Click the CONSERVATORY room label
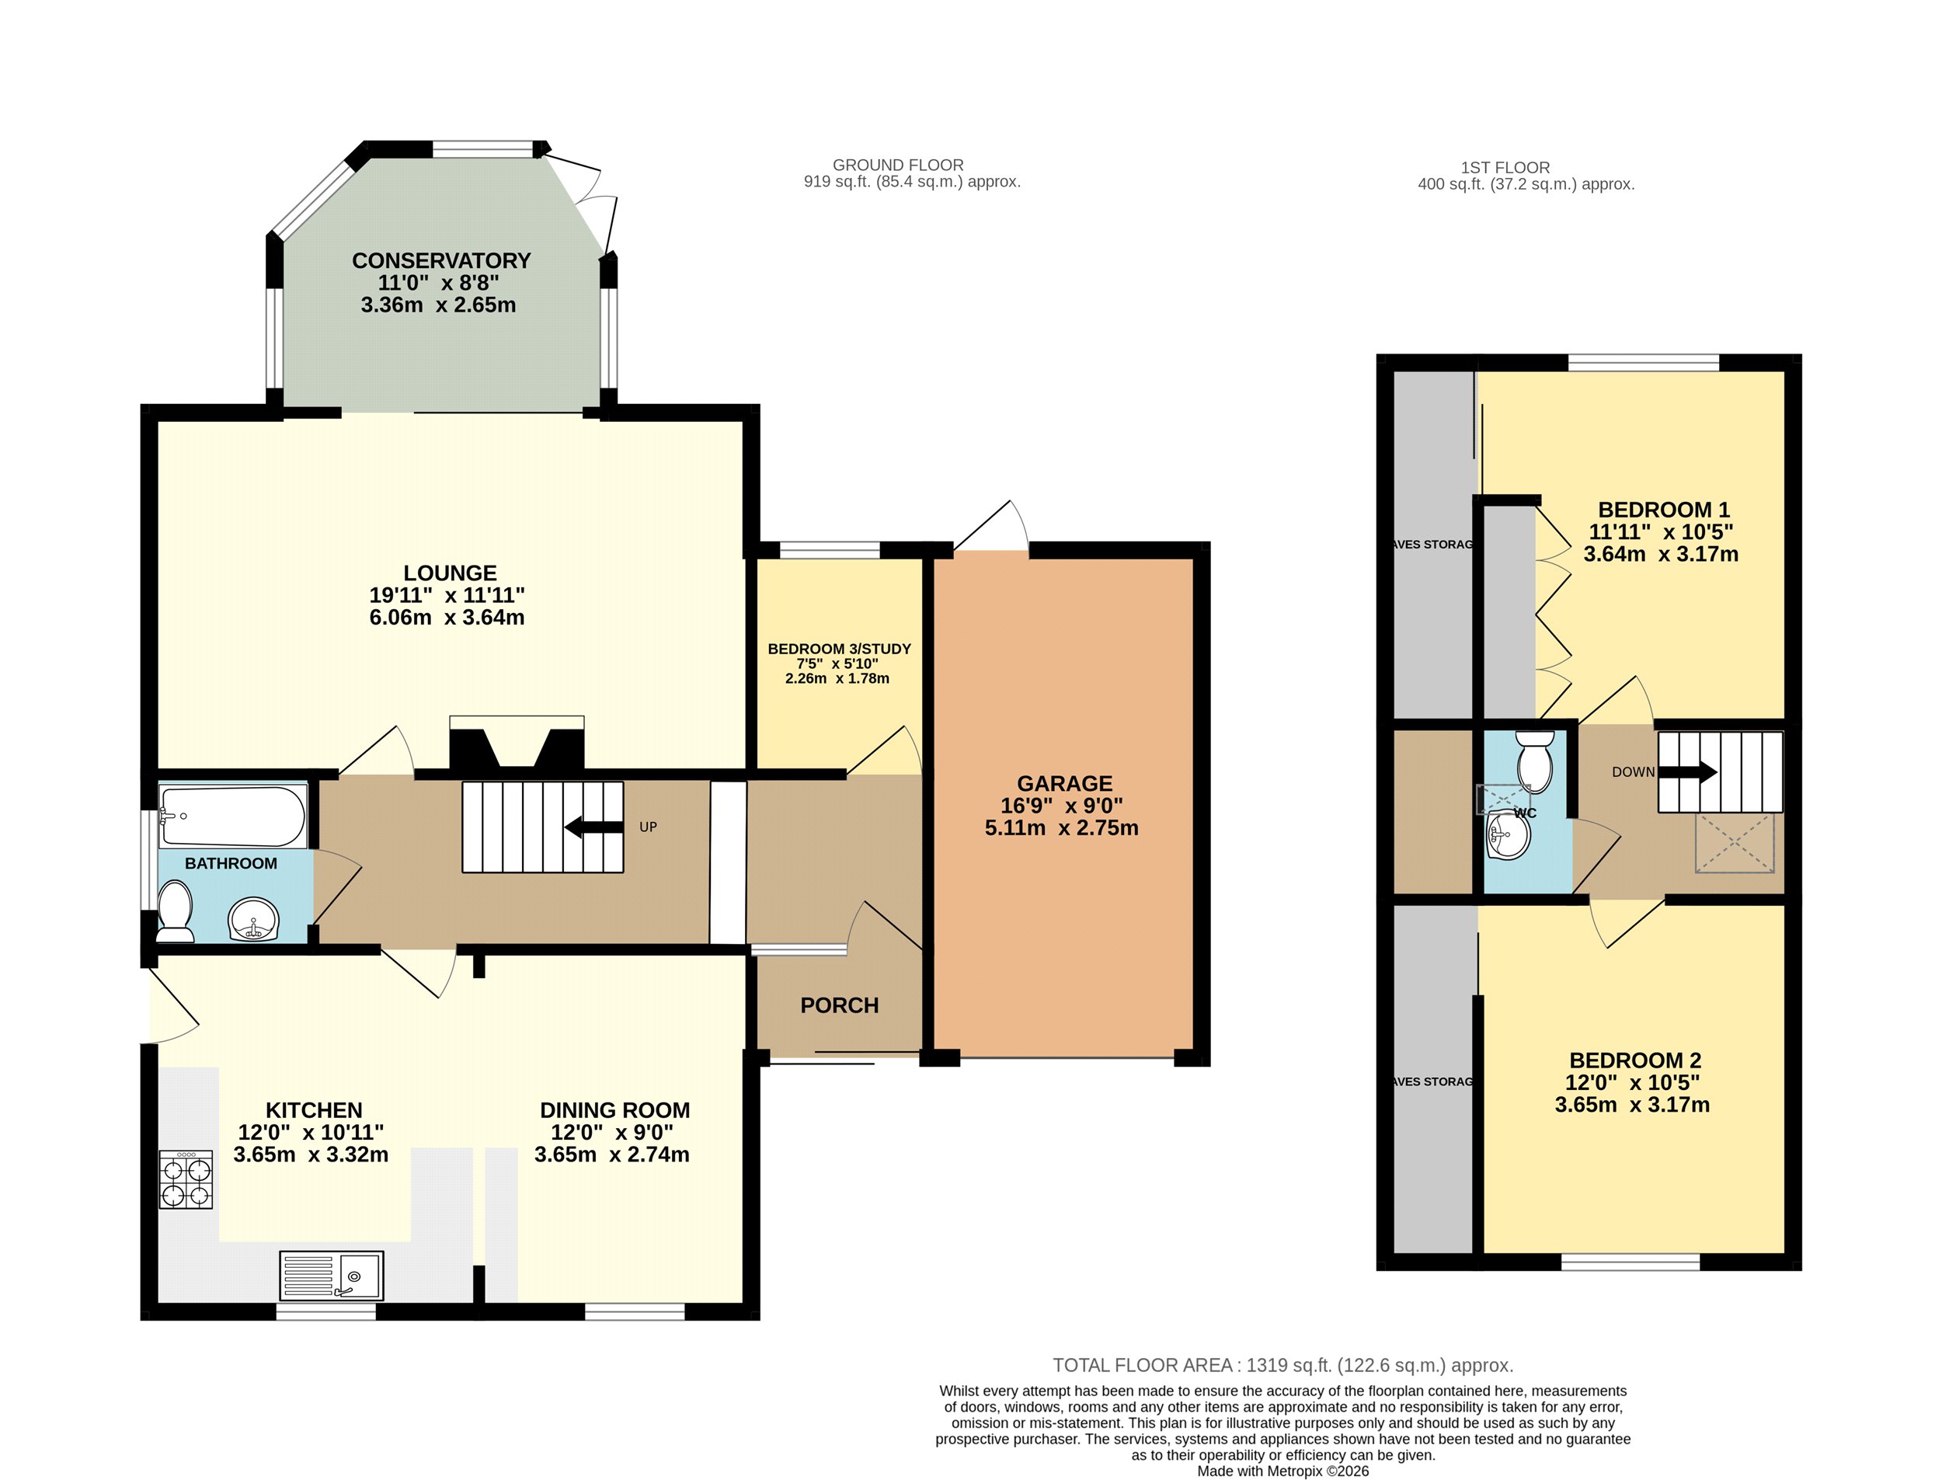tap(441, 261)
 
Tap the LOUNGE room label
tap(450, 573)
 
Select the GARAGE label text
tap(1064, 783)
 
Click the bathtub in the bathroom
tap(232, 816)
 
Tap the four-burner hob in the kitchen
tap(186, 1179)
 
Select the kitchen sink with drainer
tap(331, 1276)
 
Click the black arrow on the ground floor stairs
tap(593, 827)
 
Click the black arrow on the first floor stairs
tap(1687, 772)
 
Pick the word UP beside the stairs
tap(648, 827)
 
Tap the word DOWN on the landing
tap(1633, 771)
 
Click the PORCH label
tap(839, 1005)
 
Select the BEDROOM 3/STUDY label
tap(839, 649)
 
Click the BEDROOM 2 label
tap(1634, 1060)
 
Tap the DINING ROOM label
tap(614, 1110)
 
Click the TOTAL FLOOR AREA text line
tap(1283, 1366)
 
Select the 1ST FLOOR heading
tap(1505, 167)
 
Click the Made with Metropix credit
tap(1283, 1471)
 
